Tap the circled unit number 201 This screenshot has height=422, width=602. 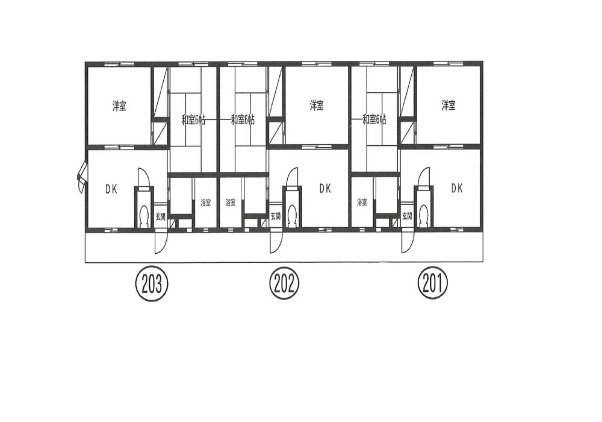(433, 284)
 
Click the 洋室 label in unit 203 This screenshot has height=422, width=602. (119, 105)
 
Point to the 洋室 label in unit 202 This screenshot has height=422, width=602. (317, 105)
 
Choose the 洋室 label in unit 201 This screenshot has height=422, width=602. (448, 105)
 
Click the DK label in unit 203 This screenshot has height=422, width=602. (111, 189)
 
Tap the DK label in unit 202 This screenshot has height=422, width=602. (325, 188)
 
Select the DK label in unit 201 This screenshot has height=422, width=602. (457, 188)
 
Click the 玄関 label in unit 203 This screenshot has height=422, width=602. (161, 216)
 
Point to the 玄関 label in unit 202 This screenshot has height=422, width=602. (276, 216)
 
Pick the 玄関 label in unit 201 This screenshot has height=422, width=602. (408, 216)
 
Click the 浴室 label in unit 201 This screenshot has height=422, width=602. (362, 202)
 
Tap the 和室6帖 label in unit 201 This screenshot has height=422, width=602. (374, 120)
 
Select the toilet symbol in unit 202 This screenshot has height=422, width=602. (292, 216)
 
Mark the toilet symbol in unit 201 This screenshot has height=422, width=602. (424, 216)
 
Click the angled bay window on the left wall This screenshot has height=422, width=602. (82, 177)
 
